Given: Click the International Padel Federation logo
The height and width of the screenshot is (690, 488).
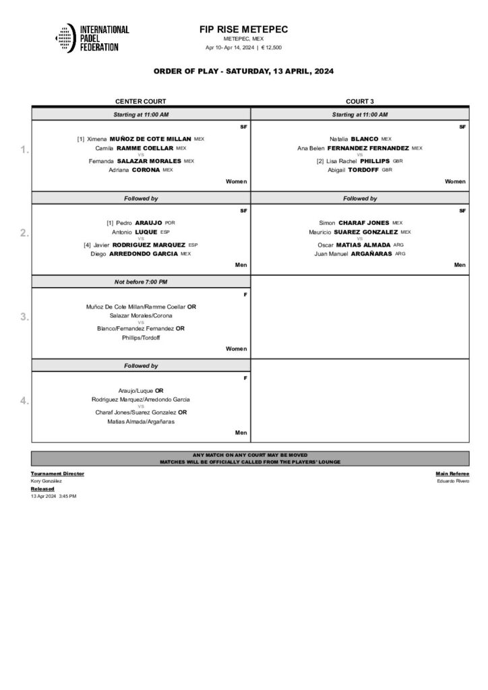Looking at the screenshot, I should click(92, 39).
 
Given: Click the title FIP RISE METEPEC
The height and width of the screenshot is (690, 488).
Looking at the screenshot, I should click(243, 30).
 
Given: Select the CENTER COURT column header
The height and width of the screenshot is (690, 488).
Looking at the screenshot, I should click(141, 101).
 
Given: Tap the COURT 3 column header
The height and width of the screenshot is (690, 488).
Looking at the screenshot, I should click(359, 101).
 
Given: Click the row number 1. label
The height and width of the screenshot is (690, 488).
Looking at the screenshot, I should click(25, 150).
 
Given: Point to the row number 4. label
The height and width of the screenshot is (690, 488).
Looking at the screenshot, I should click(25, 401).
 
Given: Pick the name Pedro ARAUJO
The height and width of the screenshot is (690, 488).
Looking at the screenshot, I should click(135, 222).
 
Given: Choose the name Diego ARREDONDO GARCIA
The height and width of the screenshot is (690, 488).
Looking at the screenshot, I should click(135, 253).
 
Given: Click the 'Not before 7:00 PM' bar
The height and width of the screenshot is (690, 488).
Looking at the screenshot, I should click(141, 280).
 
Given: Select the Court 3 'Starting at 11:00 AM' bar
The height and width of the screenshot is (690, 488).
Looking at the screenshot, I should click(359, 115).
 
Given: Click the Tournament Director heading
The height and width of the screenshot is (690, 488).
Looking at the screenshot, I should click(57, 474).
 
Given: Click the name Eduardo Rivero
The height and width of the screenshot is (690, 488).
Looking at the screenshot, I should click(454, 481).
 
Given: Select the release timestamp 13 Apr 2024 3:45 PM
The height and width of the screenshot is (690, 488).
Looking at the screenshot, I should click(54, 496).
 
